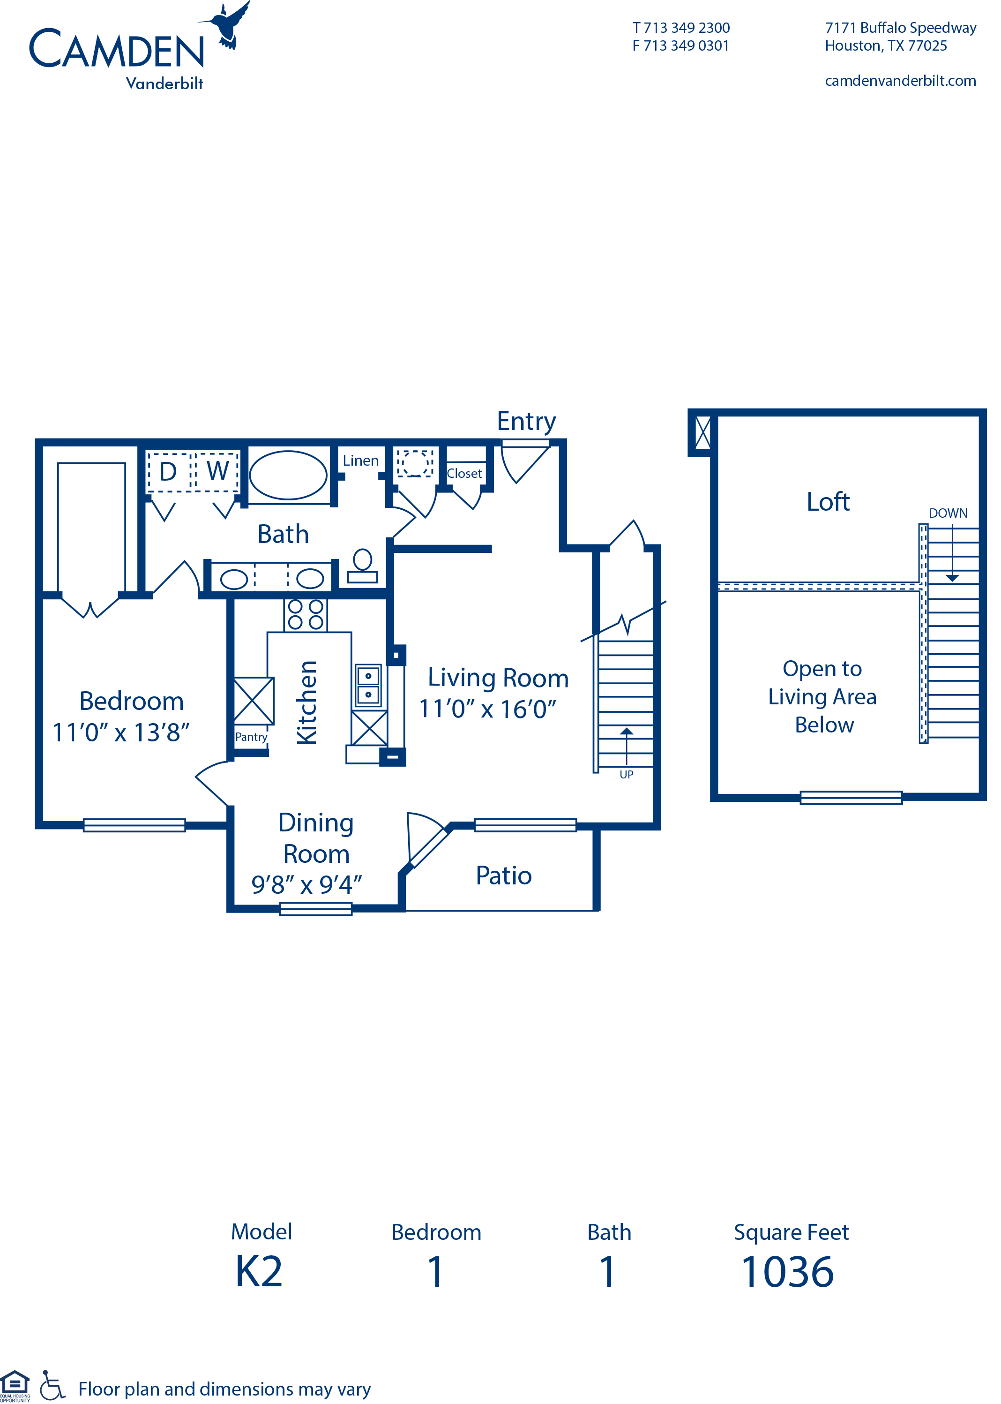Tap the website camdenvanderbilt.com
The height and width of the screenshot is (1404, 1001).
tap(900, 81)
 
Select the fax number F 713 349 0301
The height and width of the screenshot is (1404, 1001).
tap(680, 45)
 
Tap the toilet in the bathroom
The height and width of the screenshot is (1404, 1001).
tap(362, 566)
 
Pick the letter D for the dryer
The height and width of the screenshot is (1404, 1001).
tap(168, 472)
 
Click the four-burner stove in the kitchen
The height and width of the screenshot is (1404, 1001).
tap(306, 614)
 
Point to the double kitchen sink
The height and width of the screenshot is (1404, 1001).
tap(369, 685)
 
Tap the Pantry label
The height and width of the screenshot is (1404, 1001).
tap(251, 737)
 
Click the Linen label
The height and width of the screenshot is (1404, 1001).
tap(360, 460)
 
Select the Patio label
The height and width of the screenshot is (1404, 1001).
tap(504, 876)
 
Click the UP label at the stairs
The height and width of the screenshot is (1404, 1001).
tap(626, 774)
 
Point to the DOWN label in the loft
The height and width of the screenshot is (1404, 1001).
tap(948, 513)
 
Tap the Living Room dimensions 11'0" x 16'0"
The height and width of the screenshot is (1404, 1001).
tap(487, 709)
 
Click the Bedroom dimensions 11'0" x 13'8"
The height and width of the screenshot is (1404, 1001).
tap(121, 732)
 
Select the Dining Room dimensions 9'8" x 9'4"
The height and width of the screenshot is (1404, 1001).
tap(306, 884)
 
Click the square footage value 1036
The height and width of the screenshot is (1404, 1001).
tap(788, 1272)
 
